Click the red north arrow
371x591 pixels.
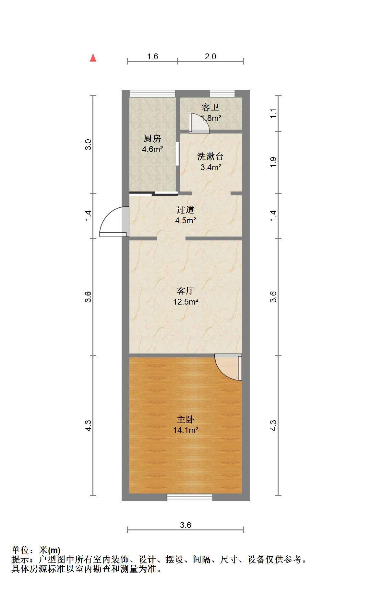coord(93,58)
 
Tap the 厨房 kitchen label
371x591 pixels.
coord(152,139)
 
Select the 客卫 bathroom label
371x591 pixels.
coord(210,107)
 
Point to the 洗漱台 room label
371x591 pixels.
coord(210,157)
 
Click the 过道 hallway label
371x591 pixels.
coord(185,210)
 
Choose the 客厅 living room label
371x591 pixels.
coord(185,291)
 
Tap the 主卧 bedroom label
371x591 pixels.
coord(185,420)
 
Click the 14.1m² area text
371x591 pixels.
coord(185,430)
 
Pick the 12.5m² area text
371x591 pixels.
coord(185,302)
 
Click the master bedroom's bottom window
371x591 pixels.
coord(190,497)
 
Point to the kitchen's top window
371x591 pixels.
coord(152,94)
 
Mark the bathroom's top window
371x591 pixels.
coord(222,94)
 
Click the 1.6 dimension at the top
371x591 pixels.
coord(152,57)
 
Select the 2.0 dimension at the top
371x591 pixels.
coord(210,57)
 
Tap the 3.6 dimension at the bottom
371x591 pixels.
coord(185,525)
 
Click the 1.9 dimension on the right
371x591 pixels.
coord(273,162)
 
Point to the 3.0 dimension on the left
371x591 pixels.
coord(88,144)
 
